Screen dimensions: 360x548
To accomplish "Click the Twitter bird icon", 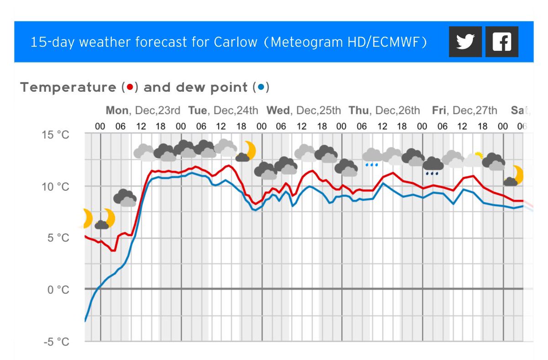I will tap(465, 42).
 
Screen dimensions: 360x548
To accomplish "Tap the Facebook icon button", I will tap(501, 42).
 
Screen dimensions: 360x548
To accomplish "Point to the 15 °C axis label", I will tap(57, 135).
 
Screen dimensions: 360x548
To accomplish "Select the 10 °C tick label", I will tap(57, 187).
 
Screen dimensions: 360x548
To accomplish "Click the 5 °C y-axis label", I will tap(59, 238).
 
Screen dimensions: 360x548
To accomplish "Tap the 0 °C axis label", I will tap(59, 290).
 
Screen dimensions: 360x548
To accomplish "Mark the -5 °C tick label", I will tap(57, 342).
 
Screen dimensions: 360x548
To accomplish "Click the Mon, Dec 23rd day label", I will tap(143, 110).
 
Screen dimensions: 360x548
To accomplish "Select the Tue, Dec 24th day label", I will tap(223, 110).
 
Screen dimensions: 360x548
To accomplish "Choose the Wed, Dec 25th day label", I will tap(304, 110).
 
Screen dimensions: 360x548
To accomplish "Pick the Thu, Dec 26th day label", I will tap(384, 110).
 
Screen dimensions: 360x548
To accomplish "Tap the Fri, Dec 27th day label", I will tap(464, 110).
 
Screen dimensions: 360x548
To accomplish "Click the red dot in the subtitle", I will tap(130, 87).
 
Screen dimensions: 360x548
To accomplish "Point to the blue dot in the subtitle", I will tap(261, 87).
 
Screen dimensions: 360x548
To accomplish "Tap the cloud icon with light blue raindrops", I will tap(373, 157).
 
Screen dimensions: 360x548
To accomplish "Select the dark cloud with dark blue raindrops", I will tap(432, 166).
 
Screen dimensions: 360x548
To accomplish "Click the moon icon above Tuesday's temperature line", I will tap(247, 151).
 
